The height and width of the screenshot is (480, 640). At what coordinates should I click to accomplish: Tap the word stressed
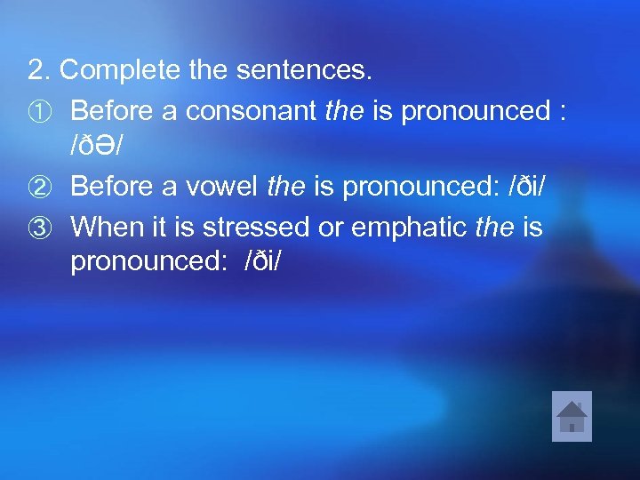click(x=255, y=226)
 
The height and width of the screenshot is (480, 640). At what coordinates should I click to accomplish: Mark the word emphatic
click(x=410, y=226)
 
